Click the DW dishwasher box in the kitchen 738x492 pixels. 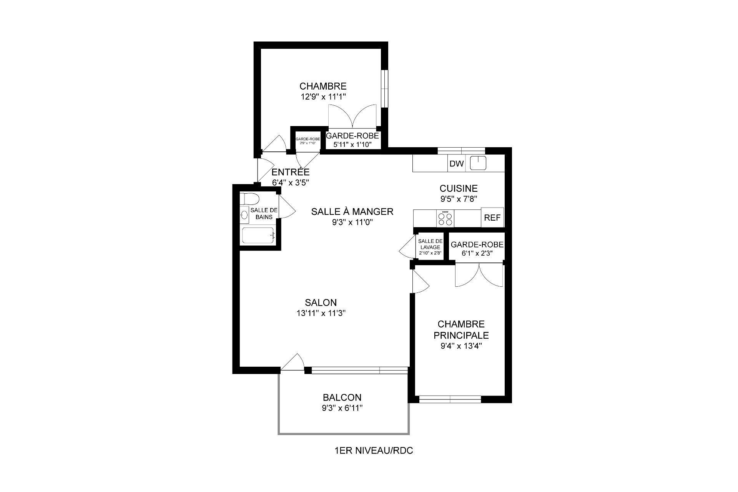[457, 164]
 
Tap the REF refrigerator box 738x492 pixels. [492, 218]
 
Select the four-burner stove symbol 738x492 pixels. [445, 219]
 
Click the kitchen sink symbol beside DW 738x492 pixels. [478, 163]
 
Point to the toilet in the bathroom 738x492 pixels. [250, 199]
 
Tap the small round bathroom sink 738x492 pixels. [244, 215]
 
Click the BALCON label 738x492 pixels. [342, 397]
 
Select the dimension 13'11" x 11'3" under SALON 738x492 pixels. [321, 313]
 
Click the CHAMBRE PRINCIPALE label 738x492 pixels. [461, 330]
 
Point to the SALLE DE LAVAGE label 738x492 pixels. [430, 244]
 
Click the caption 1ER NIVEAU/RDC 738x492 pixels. [374, 451]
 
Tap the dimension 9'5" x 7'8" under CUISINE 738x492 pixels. [458, 199]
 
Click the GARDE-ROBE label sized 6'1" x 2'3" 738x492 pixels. [477, 245]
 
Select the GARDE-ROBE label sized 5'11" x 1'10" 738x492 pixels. [352, 136]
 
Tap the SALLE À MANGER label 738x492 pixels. [352, 211]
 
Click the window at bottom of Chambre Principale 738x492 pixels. [450, 399]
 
